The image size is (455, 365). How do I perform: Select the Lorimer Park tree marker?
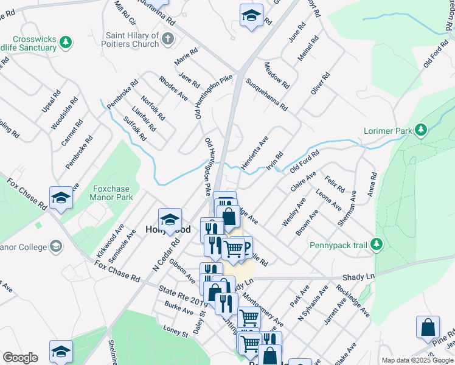coord(420,130)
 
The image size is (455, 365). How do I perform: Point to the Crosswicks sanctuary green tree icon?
coord(66,43)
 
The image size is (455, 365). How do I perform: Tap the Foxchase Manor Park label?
coord(111,193)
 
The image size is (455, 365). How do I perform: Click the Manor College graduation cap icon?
coord(56,246)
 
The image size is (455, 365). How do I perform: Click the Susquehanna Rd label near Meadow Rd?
coord(266,94)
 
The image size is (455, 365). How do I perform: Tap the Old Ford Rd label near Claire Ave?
coord(304,162)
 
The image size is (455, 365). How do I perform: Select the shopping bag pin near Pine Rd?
coord(428,327)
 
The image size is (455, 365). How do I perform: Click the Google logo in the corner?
coord(20,357)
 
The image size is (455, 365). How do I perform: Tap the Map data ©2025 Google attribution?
coord(417,360)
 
